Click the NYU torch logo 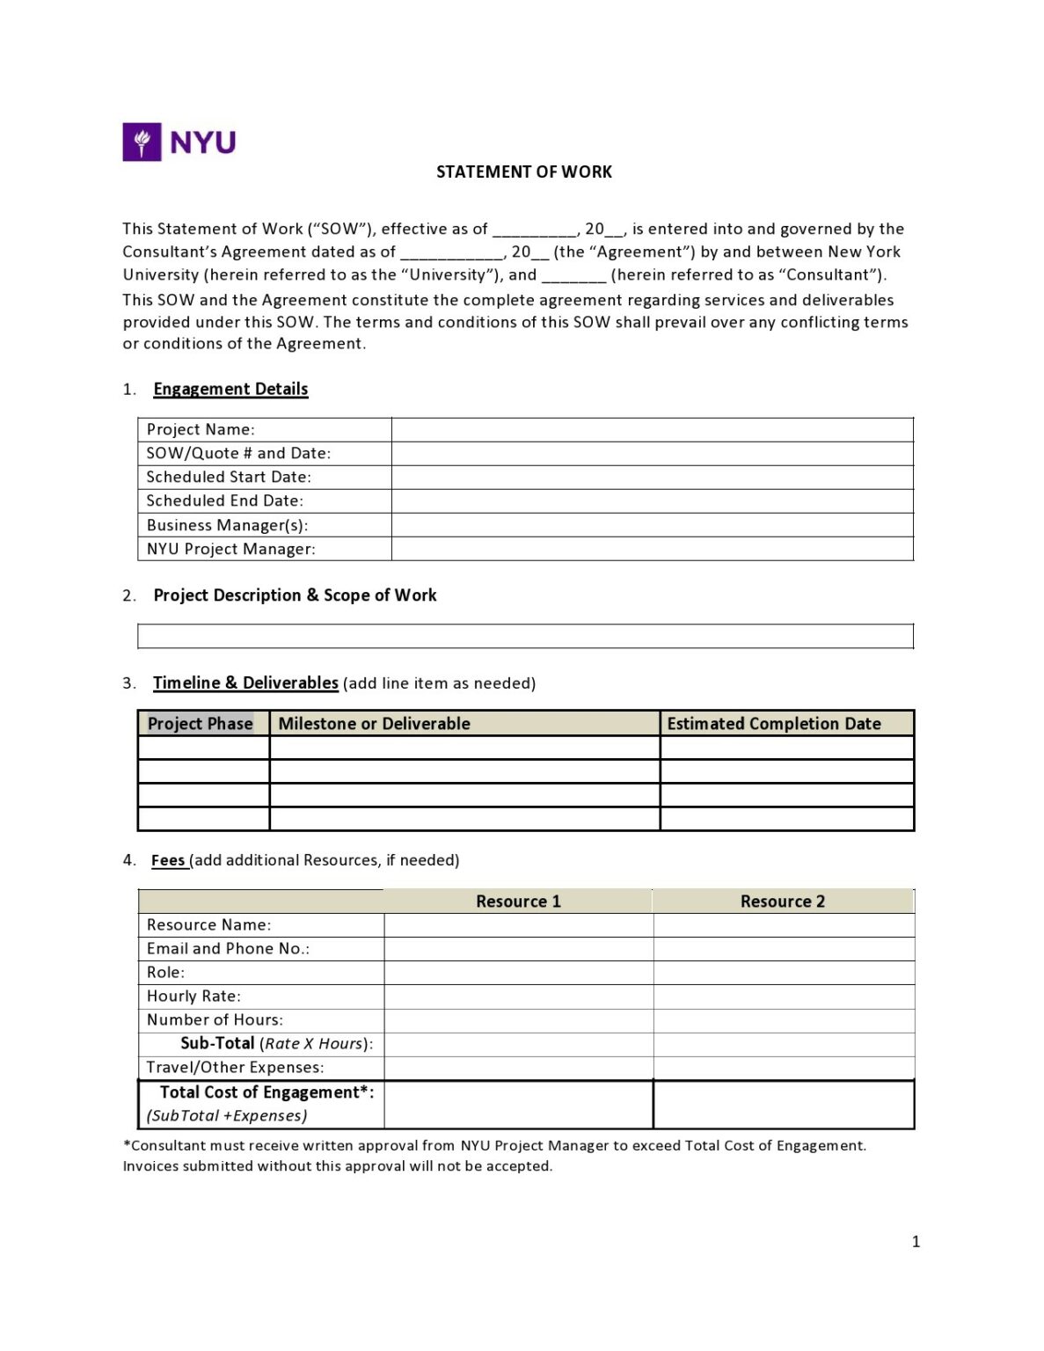coord(142,142)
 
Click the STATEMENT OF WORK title coord(523,172)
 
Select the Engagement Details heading coord(230,389)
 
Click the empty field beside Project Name coord(652,429)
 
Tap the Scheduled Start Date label coord(229,477)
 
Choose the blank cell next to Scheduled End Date coord(652,500)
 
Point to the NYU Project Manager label coord(230,549)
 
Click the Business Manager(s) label coord(227,525)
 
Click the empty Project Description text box coord(525,636)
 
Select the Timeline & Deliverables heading coord(245,683)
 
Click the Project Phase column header coord(201,723)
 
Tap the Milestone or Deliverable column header coord(374,723)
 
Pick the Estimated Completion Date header coord(773,723)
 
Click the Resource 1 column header coord(518,901)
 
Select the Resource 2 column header coord(782,901)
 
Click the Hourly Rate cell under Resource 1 coord(518,996)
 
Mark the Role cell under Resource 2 coord(783,972)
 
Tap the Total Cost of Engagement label coord(266,1092)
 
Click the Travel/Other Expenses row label coord(235,1067)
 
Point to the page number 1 coord(916,1241)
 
